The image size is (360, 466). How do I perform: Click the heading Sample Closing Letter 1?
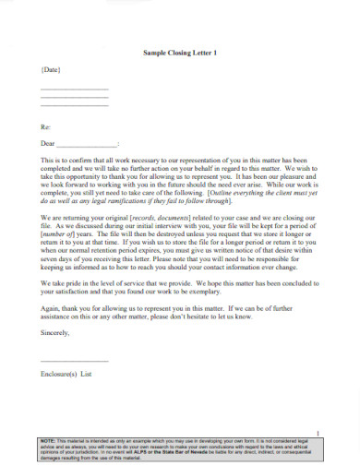[180, 53]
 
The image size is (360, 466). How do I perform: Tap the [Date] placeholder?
[51, 70]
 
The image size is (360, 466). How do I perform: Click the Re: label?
[45, 125]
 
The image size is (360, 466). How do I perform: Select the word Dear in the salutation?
[48, 144]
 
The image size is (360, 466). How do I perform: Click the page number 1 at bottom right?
[318, 434]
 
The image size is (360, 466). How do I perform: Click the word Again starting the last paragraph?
[52, 307]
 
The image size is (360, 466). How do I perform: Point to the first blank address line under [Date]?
[74, 88]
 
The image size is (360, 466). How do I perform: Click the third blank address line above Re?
[74, 106]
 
